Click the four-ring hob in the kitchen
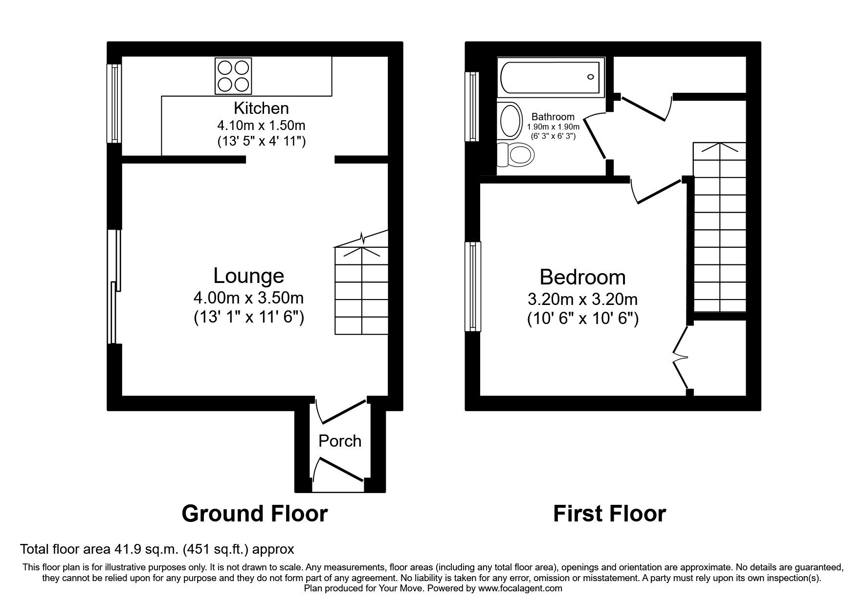click(x=234, y=76)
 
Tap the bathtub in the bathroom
click(x=550, y=78)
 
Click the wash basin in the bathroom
click(x=511, y=120)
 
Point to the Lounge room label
click(x=248, y=276)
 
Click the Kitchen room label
click(x=261, y=108)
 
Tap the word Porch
click(x=340, y=441)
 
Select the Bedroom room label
click(x=582, y=277)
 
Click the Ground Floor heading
click(x=254, y=514)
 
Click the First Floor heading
click(x=609, y=514)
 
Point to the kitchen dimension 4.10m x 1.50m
click(x=261, y=125)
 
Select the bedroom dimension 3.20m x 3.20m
click(x=582, y=299)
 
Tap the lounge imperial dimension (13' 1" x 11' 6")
click(x=248, y=318)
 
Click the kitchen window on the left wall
click(x=115, y=104)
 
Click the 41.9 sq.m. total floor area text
click(x=156, y=549)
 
